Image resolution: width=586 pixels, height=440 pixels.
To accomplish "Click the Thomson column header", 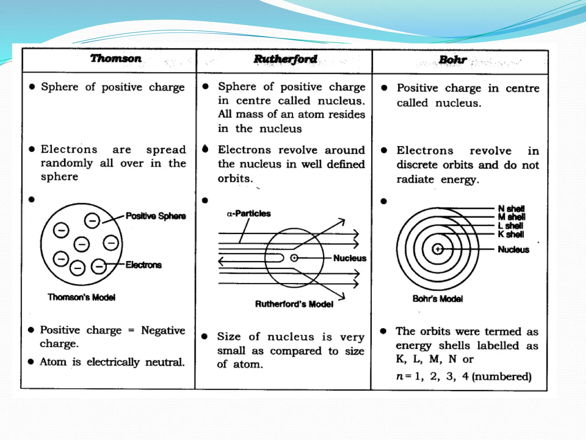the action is click(116, 58).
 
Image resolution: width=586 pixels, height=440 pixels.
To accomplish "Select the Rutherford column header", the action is click(285, 59).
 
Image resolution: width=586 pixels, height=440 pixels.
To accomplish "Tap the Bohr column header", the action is click(453, 60).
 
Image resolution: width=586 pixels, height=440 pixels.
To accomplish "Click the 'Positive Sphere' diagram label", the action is click(156, 216).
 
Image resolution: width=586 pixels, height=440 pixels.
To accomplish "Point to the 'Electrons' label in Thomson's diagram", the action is click(143, 265).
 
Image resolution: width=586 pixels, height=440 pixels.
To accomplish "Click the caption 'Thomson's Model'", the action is click(82, 297).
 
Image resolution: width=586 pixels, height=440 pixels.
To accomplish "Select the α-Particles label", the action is click(249, 214).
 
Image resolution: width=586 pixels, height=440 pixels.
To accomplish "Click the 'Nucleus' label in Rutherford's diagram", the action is click(350, 258).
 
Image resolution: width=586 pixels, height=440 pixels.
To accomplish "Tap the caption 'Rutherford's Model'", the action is click(294, 304).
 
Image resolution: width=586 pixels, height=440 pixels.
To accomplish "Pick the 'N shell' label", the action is click(511, 209).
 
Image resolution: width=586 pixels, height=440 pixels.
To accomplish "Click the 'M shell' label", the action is click(512, 217).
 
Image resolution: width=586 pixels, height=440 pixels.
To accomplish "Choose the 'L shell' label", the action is click(510, 226).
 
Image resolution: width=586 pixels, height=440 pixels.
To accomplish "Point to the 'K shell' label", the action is click(511, 234).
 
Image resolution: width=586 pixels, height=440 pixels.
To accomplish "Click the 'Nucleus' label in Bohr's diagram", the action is click(513, 250).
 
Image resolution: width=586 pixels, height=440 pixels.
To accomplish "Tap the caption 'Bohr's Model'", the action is click(437, 299).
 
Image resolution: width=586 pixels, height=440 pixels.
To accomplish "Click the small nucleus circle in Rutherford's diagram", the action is click(294, 258).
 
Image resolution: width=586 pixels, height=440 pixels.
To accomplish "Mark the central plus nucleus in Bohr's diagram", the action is click(437, 249).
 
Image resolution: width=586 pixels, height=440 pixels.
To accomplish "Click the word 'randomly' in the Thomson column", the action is click(67, 164).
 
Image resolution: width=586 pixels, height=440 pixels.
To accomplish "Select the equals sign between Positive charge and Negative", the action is click(131, 331).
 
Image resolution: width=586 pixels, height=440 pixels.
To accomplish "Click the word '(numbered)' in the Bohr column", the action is click(502, 376).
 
